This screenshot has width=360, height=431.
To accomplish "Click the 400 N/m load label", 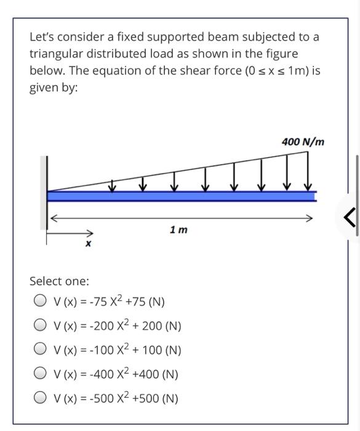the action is pyautogui.click(x=302, y=142).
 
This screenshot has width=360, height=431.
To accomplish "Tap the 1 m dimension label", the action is pyautogui.click(x=178, y=230).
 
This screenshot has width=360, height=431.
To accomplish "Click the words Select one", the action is pyautogui.click(x=60, y=281).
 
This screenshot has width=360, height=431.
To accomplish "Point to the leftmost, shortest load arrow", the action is pyautogui.click(x=113, y=185).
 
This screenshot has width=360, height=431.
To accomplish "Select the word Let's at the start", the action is pyautogui.click(x=44, y=37).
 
